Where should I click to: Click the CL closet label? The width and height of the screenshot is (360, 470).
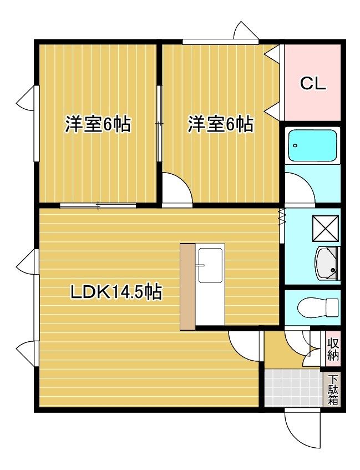(x=313, y=84)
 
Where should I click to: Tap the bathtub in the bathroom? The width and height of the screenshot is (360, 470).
(x=312, y=146)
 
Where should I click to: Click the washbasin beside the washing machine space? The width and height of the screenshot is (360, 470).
(x=327, y=264)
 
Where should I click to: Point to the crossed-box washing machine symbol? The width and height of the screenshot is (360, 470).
(x=325, y=229)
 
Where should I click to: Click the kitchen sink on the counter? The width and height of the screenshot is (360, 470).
(x=211, y=265)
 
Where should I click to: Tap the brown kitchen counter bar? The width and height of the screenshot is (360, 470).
(x=187, y=287)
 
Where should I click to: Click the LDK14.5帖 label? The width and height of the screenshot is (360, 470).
(x=116, y=292)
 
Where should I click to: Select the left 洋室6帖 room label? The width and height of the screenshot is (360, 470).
(x=98, y=124)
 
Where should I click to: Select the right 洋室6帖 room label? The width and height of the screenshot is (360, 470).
(x=220, y=124)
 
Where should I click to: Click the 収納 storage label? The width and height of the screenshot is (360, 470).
(x=333, y=349)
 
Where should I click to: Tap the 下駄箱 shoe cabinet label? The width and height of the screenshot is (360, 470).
(x=333, y=390)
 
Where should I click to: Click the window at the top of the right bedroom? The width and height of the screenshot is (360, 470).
(x=220, y=42)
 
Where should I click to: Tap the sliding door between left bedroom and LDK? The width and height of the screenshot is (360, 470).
(x=98, y=206)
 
